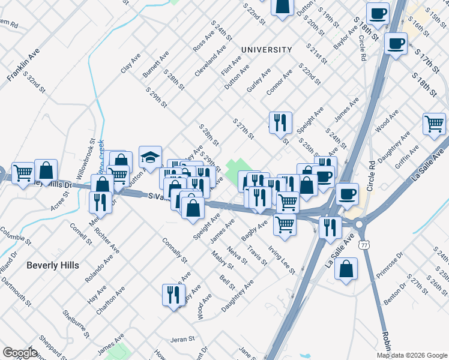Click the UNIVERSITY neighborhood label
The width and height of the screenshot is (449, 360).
(x=267, y=50)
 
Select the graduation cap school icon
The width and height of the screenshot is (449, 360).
(x=150, y=158)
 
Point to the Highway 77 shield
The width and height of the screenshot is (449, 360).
(x=364, y=245)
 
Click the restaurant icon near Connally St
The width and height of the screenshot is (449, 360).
(x=173, y=295)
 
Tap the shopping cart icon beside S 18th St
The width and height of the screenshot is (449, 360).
(x=434, y=124)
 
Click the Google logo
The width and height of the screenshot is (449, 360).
(x=20, y=353)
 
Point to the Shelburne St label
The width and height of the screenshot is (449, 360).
(x=76, y=325)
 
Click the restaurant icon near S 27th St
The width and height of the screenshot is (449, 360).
(x=280, y=124)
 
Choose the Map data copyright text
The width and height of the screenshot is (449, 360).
(x=411, y=355)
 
